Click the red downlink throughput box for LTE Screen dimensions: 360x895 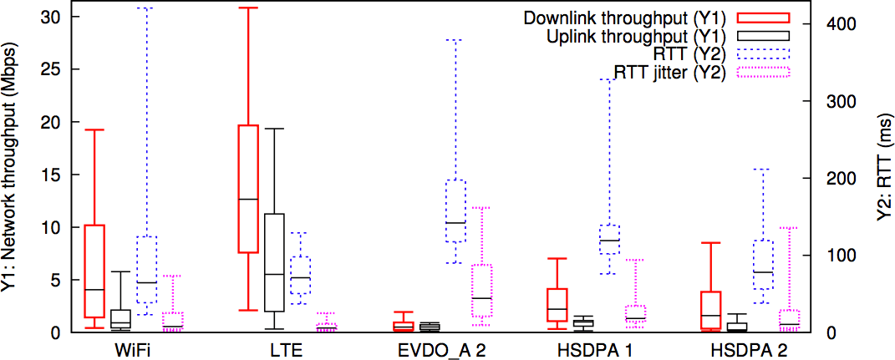coord(248,189)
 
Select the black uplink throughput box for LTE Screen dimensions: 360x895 coord(274,262)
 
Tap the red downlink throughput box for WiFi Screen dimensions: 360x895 coord(94,271)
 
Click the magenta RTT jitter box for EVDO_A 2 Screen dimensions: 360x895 coord(481,291)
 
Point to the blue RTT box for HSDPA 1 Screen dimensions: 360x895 coord(610,239)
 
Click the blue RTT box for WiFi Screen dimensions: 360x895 coord(146,269)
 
